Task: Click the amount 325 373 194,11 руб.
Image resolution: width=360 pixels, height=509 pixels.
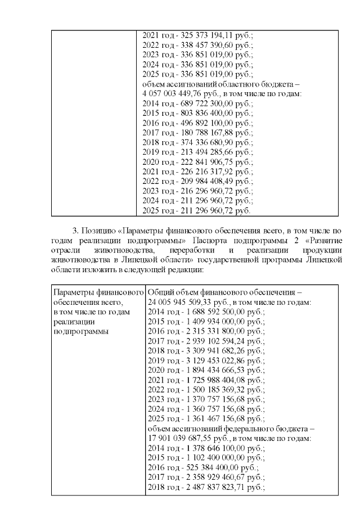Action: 208,35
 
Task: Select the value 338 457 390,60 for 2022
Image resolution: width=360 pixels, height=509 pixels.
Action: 208,45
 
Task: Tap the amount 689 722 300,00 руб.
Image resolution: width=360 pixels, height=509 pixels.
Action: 208,104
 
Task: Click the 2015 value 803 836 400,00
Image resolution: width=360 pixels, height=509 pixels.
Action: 208,114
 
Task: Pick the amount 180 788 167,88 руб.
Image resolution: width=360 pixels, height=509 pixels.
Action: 208,133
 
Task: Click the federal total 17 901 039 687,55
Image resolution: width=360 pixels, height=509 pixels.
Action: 182,439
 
